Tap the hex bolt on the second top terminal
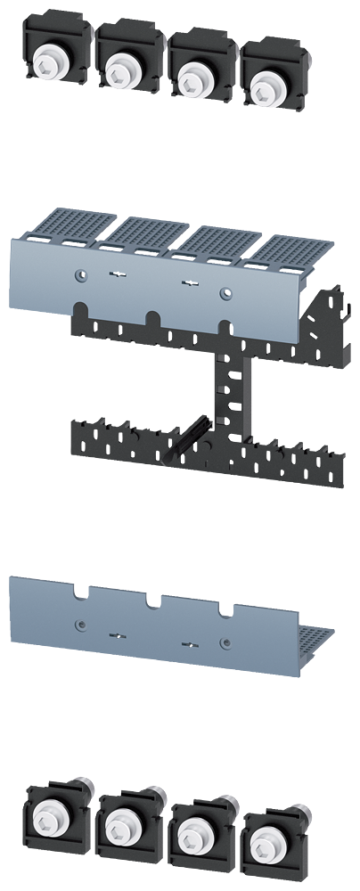[x=118, y=64]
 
